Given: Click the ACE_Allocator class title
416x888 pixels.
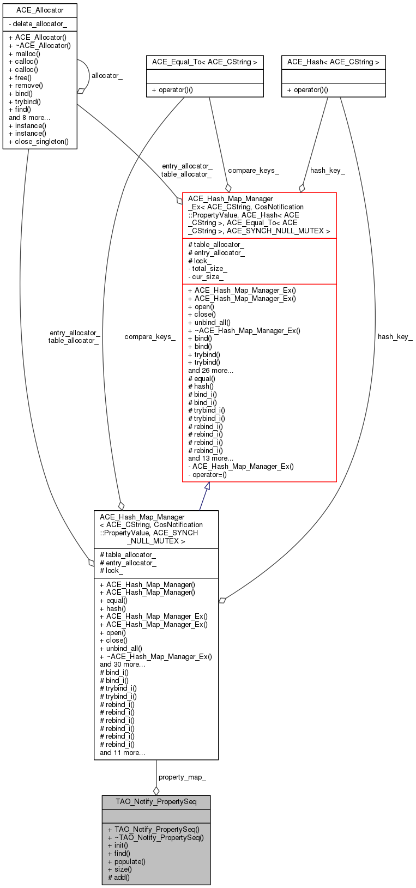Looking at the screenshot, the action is [40, 10].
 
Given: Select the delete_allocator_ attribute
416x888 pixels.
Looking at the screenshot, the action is [38, 24].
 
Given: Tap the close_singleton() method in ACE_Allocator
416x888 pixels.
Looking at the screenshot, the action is [39, 142].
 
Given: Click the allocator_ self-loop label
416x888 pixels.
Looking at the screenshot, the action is [107, 75].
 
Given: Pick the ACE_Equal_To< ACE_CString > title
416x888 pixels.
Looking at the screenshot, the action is [204, 62].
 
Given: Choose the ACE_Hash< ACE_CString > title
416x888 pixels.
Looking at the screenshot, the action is [333, 62].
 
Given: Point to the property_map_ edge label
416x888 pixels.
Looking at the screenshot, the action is [182, 777].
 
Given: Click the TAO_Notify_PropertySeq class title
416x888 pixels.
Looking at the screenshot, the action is [156, 801].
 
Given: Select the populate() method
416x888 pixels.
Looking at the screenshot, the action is [126, 861].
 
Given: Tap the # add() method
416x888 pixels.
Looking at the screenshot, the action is [118, 877].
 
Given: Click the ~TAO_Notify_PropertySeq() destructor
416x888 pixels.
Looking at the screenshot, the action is [155, 837].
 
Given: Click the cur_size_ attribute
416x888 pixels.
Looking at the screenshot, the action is [206, 277].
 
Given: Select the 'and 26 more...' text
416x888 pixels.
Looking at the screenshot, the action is [210, 370].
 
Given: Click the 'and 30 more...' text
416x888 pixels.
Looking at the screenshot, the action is [123, 665].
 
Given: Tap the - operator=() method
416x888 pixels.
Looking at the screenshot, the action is [207, 474].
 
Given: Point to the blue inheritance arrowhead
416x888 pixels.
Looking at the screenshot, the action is [207, 486].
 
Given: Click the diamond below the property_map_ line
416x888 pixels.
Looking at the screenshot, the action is [156, 791].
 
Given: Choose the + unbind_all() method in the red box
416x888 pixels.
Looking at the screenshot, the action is [209, 322].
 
